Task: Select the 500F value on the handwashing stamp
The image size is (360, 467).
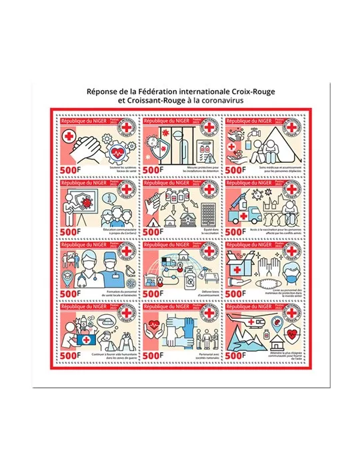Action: (72, 170)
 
